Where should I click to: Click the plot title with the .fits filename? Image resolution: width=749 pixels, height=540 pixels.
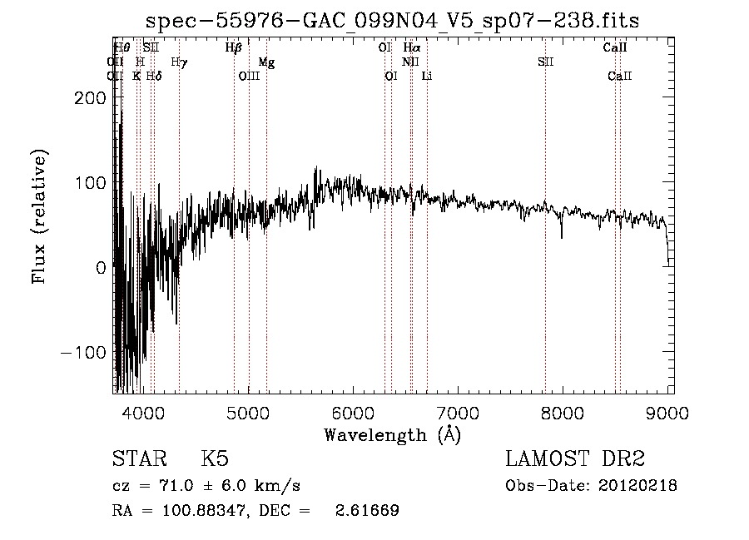tap(393, 21)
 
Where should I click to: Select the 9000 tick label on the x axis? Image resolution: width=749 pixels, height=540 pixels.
tap(667, 413)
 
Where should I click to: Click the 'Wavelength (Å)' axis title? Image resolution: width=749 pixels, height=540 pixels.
tap(392, 434)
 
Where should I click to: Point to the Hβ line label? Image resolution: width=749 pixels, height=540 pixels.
tap(234, 48)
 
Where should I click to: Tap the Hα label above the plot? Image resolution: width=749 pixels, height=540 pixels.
tap(411, 48)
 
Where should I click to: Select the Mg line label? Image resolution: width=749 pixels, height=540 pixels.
tap(266, 62)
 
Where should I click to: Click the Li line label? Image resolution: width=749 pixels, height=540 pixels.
tap(427, 77)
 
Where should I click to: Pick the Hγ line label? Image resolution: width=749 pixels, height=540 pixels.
tap(179, 62)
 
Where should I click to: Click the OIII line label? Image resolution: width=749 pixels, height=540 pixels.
tap(249, 77)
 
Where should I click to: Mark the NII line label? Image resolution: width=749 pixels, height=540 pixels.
tap(410, 62)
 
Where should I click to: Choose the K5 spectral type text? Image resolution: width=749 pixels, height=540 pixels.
tap(215, 459)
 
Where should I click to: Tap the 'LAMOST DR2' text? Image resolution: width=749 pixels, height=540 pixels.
tap(575, 459)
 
